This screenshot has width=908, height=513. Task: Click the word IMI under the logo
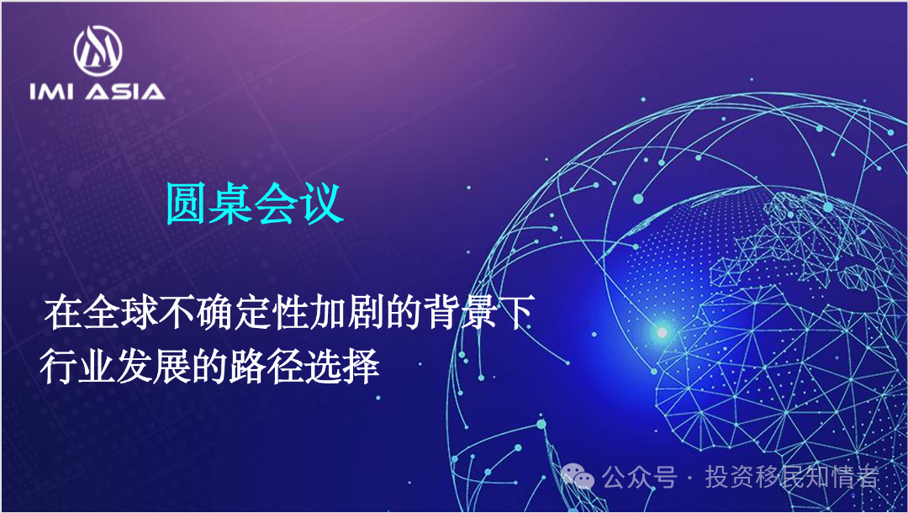click(51, 91)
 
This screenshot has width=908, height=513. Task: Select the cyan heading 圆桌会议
click(254, 204)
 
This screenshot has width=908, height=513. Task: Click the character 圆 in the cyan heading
click(187, 204)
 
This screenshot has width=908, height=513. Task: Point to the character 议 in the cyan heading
click(322, 204)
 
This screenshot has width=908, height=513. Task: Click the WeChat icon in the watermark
click(578, 479)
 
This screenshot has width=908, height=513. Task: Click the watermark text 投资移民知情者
click(791, 479)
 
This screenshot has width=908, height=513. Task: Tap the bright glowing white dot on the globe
click(662, 332)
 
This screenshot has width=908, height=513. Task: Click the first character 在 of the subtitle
click(61, 315)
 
